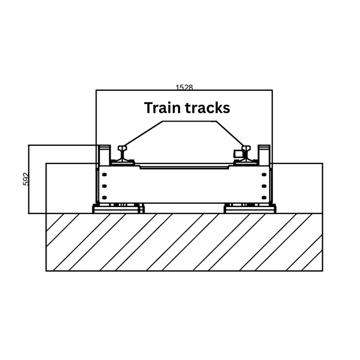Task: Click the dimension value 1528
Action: tap(184, 87)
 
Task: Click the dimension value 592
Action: tap(25, 179)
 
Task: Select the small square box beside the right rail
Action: tap(238, 153)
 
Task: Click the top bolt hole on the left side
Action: tap(104, 175)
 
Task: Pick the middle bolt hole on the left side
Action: tap(104, 186)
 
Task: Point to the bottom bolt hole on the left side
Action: tap(104, 197)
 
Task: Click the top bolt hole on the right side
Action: tap(264, 175)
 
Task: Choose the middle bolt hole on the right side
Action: tap(264, 186)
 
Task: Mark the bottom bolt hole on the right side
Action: tap(264, 197)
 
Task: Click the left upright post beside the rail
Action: tap(104, 154)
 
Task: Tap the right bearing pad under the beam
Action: tap(250, 209)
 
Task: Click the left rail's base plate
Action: tap(122, 162)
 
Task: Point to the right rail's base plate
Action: tap(246, 162)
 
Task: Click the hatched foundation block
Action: tap(184, 242)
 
